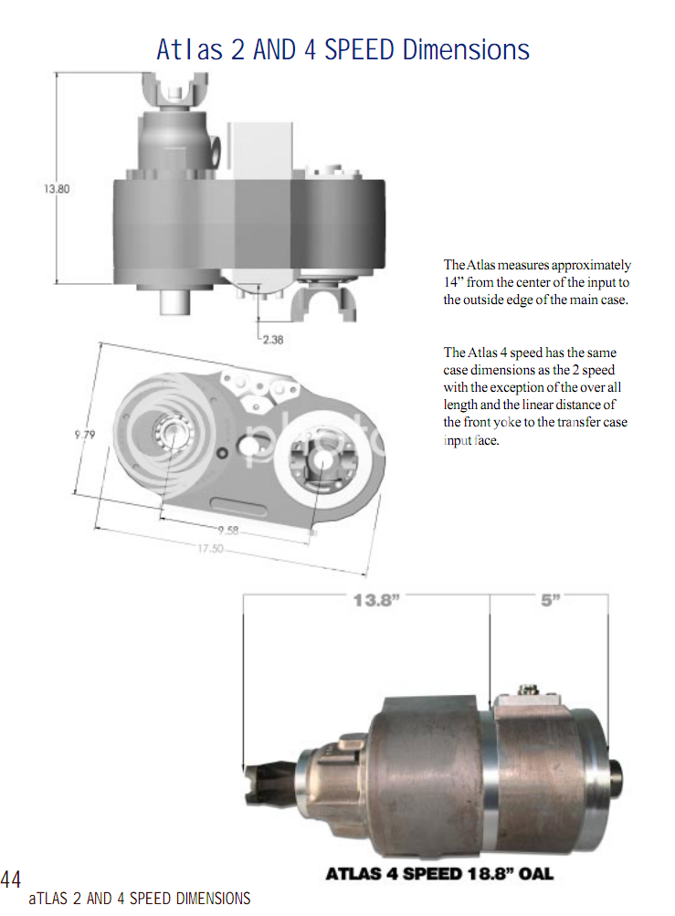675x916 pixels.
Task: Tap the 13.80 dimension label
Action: (x=56, y=189)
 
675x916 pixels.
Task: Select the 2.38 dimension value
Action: (x=272, y=339)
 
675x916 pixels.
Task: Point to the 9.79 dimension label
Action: (x=84, y=435)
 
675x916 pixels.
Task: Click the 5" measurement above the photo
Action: (x=550, y=601)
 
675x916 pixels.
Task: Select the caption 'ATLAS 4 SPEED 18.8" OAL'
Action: (x=439, y=874)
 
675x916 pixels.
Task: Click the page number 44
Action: (x=11, y=880)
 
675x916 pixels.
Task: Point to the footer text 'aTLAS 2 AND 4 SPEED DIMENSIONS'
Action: (x=140, y=899)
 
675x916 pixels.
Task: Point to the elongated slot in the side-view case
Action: (x=240, y=504)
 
